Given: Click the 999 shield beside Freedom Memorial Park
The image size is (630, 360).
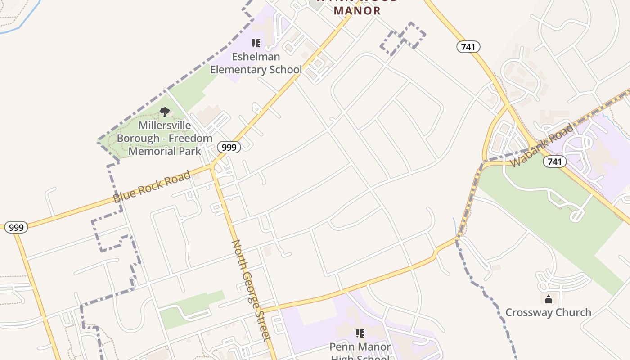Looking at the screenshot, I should [229, 147].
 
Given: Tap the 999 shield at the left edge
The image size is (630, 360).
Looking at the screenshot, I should [16, 228].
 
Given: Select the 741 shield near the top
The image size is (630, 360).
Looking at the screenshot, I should [468, 47].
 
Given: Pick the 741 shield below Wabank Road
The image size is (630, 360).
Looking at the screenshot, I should [554, 162].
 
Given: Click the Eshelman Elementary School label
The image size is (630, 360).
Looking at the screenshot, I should [256, 63].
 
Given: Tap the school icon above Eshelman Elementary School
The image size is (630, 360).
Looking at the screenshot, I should [256, 43].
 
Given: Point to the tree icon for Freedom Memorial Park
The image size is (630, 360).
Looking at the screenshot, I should [165, 112].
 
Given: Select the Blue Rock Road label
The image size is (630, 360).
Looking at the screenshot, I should [152, 187].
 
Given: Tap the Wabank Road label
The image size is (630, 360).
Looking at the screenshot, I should [543, 145].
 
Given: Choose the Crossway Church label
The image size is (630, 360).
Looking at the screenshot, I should [548, 312].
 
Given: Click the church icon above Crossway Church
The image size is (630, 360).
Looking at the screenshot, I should [548, 299].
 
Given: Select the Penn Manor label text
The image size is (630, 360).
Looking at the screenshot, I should [360, 347].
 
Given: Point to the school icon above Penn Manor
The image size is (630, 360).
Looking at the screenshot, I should [360, 333].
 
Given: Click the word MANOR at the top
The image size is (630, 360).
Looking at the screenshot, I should [358, 11].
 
